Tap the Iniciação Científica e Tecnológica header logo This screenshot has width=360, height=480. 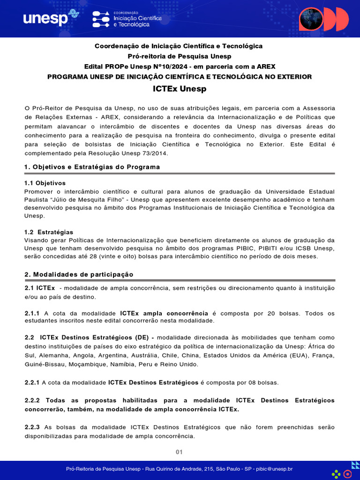127,19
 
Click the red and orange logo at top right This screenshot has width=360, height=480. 323,19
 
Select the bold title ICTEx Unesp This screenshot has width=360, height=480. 180,89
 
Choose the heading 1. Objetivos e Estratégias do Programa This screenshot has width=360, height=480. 92,167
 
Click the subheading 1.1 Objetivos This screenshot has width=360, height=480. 45,183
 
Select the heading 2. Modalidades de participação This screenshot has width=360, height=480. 79,274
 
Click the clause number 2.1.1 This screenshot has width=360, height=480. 32,313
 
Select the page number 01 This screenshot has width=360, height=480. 179,452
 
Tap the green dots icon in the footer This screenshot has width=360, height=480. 336,474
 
